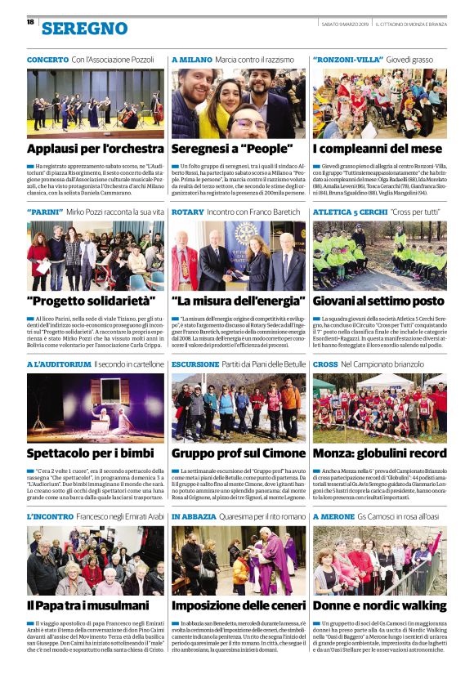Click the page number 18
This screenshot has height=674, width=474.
(x=30, y=22)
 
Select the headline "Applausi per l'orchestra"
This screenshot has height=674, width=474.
(x=95, y=150)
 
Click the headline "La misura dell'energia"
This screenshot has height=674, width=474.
(x=236, y=301)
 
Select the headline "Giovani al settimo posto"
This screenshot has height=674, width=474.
(x=378, y=301)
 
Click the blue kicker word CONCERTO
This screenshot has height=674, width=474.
(x=47, y=60)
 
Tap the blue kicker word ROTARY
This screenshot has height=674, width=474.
(x=188, y=212)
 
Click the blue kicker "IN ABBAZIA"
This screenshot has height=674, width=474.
(x=195, y=516)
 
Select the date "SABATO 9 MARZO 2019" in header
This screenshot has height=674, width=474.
(x=345, y=22)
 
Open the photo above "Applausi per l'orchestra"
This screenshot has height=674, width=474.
(x=95, y=103)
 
